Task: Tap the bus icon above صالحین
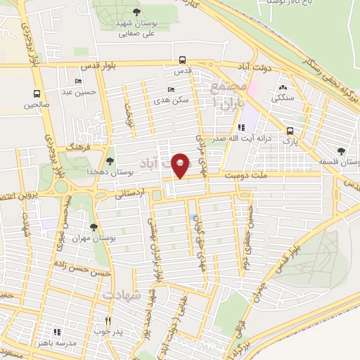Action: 37,94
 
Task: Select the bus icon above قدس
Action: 183,60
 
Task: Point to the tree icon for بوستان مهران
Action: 94,227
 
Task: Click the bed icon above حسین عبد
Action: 77,82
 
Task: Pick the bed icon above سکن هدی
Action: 172,89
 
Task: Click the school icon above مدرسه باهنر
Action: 58,331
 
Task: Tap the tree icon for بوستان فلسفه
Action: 341,150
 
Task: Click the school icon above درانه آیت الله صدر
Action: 243,128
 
